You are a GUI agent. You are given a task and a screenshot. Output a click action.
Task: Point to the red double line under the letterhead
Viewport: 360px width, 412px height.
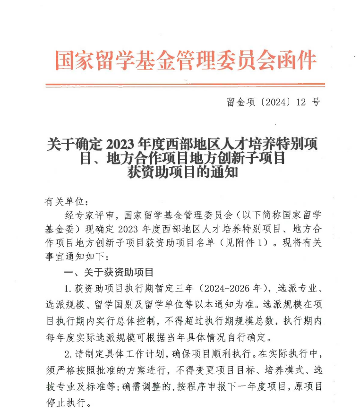click(185, 86)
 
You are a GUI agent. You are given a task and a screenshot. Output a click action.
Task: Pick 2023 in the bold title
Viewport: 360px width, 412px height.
click(121, 144)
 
